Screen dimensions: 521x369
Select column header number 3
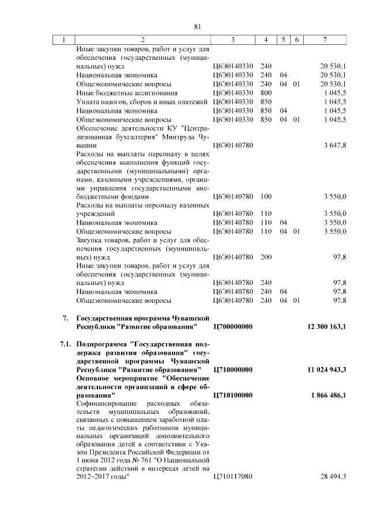(232, 40)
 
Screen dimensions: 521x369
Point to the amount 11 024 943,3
(325, 369)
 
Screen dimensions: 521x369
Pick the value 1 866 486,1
(327, 395)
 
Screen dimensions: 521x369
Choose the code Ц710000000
(233, 369)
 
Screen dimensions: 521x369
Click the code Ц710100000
(233, 395)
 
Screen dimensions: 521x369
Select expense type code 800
(266, 93)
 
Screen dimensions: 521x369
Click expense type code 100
(266, 196)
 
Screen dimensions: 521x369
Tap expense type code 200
(266, 257)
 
